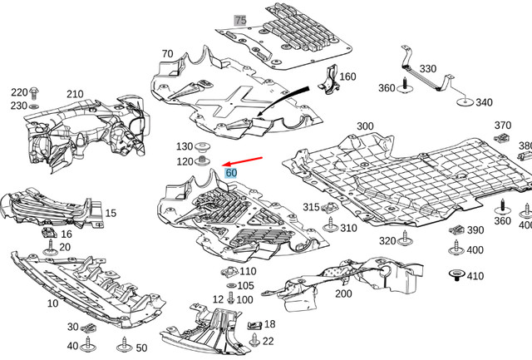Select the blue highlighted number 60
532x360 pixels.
[232, 173]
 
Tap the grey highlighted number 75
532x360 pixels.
[240, 20]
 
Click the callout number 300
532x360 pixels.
[365, 126]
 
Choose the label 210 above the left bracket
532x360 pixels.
[75, 94]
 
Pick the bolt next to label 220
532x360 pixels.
[34, 92]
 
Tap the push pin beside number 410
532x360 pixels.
[455, 276]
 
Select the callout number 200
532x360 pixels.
[343, 293]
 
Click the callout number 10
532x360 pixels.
[52, 303]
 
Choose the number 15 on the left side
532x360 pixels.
[111, 214]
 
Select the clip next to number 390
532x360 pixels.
[456, 230]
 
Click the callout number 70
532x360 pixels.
[167, 55]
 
